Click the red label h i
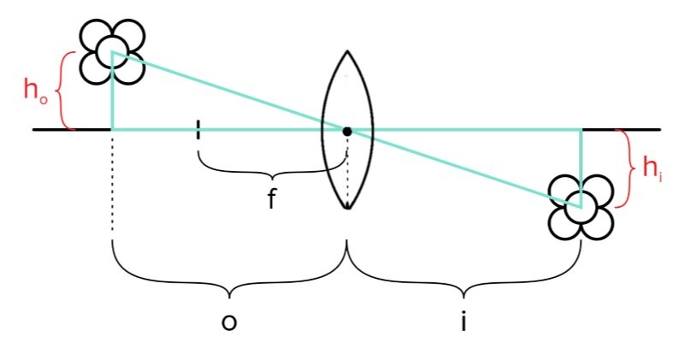point(652,168)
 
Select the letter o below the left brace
point(228,322)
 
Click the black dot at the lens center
point(347,131)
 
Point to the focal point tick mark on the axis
point(198,130)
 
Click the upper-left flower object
point(112,50)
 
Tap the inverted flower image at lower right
point(581,208)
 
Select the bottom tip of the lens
point(346,208)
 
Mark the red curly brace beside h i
point(627,168)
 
